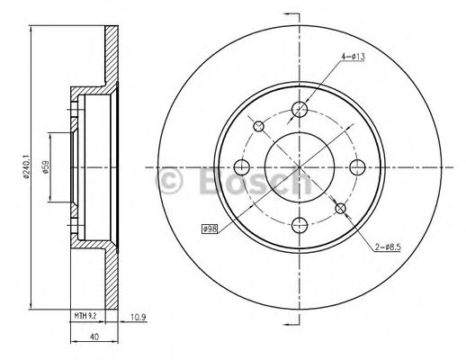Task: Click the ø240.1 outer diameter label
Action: (26, 167)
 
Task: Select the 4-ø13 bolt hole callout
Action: (354, 56)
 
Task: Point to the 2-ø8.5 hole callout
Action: (388, 247)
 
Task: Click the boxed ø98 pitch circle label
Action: (210, 229)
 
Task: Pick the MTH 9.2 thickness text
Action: (85, 316)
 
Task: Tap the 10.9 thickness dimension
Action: (139, 318)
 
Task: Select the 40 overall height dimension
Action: (94, 337)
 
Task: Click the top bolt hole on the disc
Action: (300, 109)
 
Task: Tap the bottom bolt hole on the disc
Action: (300, 225)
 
